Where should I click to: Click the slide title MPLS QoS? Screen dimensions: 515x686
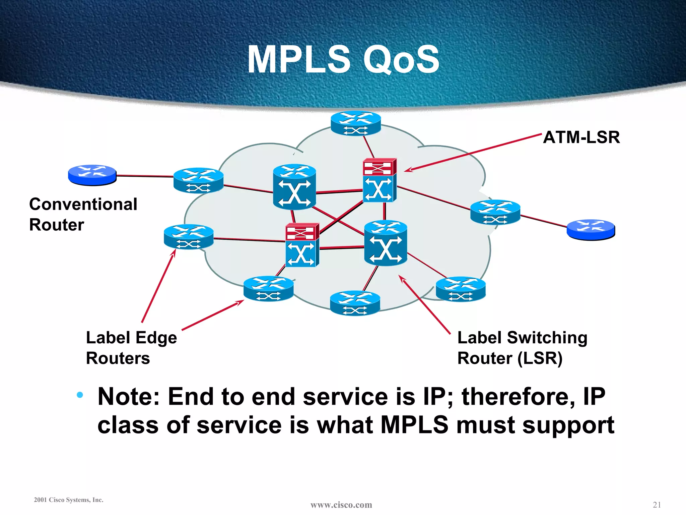click(343, 60)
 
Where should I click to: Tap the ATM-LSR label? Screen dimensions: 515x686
click(581, 137)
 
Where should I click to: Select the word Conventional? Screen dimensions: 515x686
click(83, 204)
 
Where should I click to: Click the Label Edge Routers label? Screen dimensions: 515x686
click(131, 348)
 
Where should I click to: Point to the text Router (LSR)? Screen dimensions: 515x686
click(510, 358)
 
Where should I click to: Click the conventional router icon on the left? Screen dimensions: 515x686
click(92, 175)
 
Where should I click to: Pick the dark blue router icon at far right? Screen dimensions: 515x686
click(591, 230)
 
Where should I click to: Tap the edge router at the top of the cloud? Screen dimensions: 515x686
click(356, 123)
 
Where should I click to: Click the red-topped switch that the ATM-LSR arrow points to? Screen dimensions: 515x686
click(380, 180)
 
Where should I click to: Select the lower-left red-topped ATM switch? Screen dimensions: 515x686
click(302, 245)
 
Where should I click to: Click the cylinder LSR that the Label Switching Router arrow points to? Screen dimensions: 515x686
click(386, 243)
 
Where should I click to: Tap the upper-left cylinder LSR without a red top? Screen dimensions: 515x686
click(294, 187)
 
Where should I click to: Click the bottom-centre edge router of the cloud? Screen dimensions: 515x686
click(355, 303)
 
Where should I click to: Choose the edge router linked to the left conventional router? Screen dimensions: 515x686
click(198, 180)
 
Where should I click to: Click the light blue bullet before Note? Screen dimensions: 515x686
click(80, 395)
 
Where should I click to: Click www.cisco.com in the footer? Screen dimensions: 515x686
click(341, 505)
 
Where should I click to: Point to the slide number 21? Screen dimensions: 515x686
click(657, 505)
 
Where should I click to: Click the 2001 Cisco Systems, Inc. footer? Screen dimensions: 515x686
click(69, 500)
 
